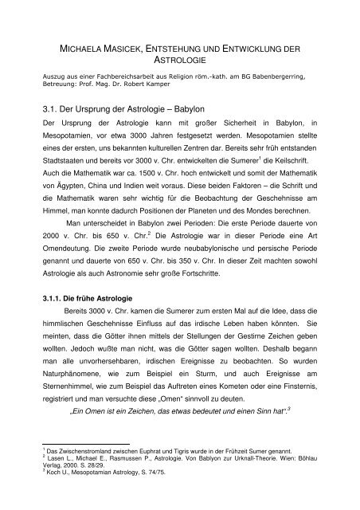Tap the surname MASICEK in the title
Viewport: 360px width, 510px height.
[142, 49]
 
